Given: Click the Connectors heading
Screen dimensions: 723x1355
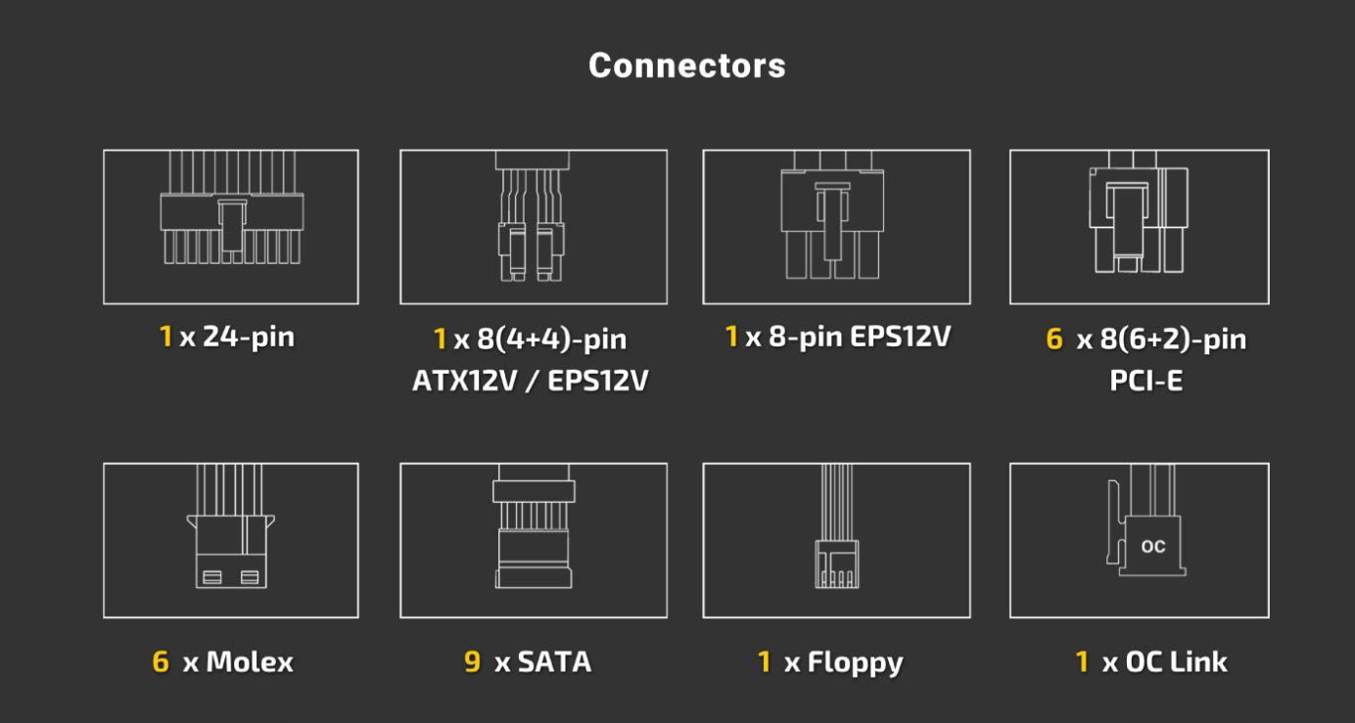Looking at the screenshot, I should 686,66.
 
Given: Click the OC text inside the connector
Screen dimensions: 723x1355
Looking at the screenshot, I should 1153,547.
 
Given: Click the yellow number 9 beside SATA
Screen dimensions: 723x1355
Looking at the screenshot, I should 472,662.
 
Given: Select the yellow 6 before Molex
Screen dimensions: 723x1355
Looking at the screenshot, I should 161,662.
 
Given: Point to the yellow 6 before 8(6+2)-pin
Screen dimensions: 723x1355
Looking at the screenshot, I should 1054,339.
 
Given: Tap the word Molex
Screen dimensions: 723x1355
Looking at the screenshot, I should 249,662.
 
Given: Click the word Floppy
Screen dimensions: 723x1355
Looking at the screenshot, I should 855,663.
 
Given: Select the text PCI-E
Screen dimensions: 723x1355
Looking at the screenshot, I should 1145,380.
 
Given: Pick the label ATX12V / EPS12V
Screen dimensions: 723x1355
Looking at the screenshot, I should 530,380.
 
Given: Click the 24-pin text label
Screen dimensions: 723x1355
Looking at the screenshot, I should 249,338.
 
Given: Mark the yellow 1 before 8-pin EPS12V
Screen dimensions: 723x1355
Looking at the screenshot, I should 731,338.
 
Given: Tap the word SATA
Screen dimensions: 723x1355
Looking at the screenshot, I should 554,662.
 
